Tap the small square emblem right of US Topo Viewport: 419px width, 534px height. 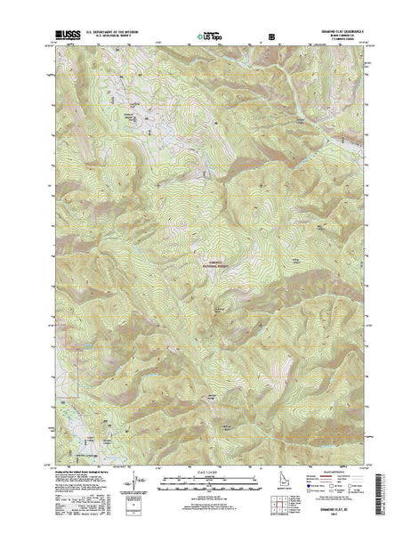pyautogui.click(x=272, y=37)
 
